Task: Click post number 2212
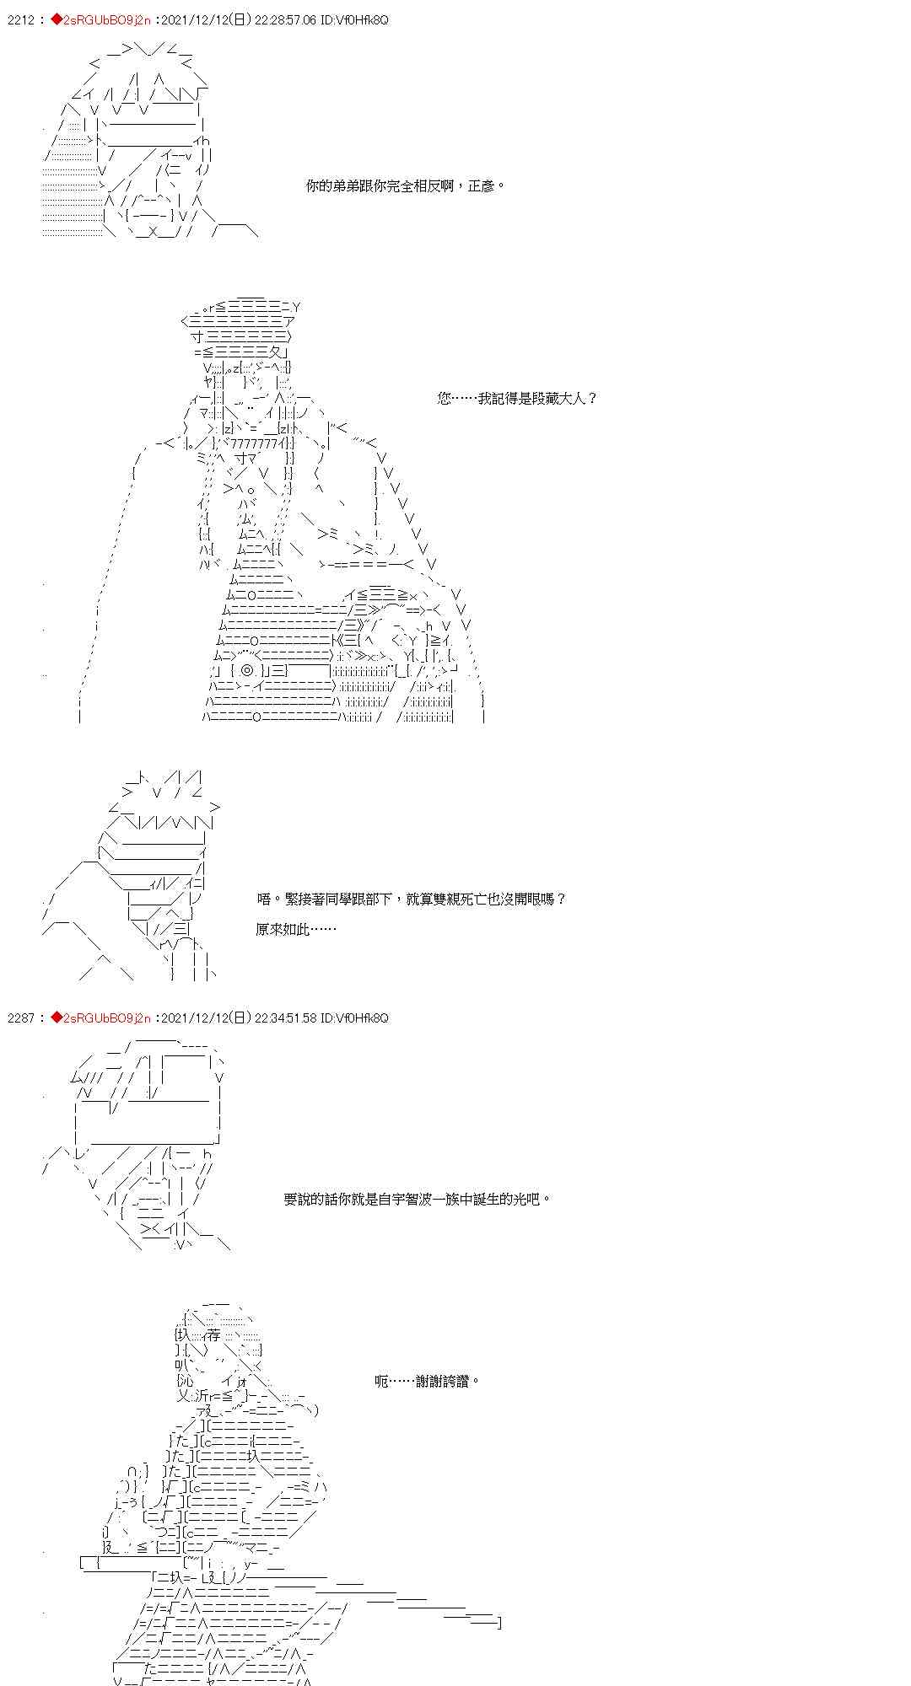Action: click(20, 19)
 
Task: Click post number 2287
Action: click(20, 1018)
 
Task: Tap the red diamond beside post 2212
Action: click(57, 19)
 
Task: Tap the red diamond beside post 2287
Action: click(57, 1018)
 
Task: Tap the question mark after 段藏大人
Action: click(591, 398)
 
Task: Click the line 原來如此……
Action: click(295, 929)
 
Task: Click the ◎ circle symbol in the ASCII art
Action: click(246, 670)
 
